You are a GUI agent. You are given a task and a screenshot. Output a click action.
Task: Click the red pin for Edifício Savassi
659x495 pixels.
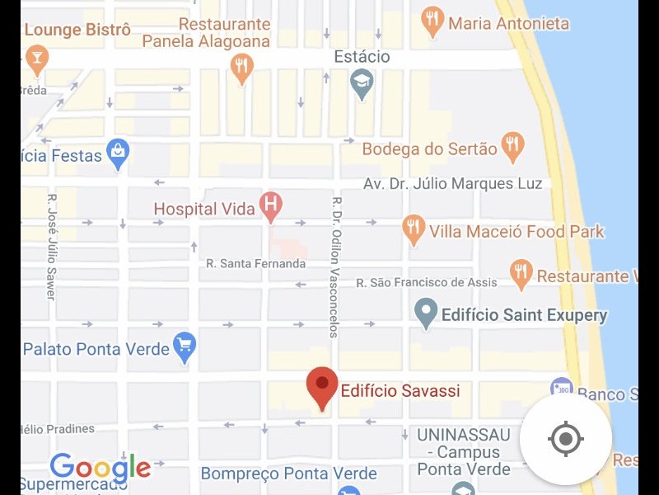(x=321, y=385)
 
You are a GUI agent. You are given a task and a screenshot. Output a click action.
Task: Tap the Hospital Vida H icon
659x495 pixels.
(x=270, y=205)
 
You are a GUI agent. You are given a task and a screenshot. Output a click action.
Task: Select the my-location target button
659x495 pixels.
(x=565, y=438)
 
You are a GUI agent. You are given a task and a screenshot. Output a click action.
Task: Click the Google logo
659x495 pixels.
(x=100, y=469)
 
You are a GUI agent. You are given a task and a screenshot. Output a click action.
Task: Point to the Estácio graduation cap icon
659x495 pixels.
(x=362, y=82)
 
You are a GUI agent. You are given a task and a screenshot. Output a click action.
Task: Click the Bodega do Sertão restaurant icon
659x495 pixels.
(x=512, y=146)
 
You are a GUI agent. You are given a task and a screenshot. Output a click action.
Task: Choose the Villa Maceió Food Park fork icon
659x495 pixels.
(x=414, y=229)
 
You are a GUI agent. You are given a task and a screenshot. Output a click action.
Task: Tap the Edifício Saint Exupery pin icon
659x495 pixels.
(x=426, y=313)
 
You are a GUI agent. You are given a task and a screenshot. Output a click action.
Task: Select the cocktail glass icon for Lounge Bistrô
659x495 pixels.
(x=36, y=59)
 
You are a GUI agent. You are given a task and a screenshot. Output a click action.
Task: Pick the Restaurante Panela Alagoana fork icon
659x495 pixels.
(x=241, y=67)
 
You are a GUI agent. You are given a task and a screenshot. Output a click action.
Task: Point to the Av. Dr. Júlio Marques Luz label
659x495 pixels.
(x=453, y=184)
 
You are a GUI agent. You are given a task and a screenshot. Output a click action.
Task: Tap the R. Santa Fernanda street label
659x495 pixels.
(x=256, y=264)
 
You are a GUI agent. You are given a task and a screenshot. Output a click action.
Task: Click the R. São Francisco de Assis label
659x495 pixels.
(x=427, y=283)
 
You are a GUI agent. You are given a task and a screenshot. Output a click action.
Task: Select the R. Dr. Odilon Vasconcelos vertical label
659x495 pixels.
(x=335, y=266)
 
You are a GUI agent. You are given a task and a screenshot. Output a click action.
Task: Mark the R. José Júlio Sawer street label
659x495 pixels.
(x=51, y=246)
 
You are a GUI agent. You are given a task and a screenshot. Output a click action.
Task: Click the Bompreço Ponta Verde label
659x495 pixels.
(x=289, y=474)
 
